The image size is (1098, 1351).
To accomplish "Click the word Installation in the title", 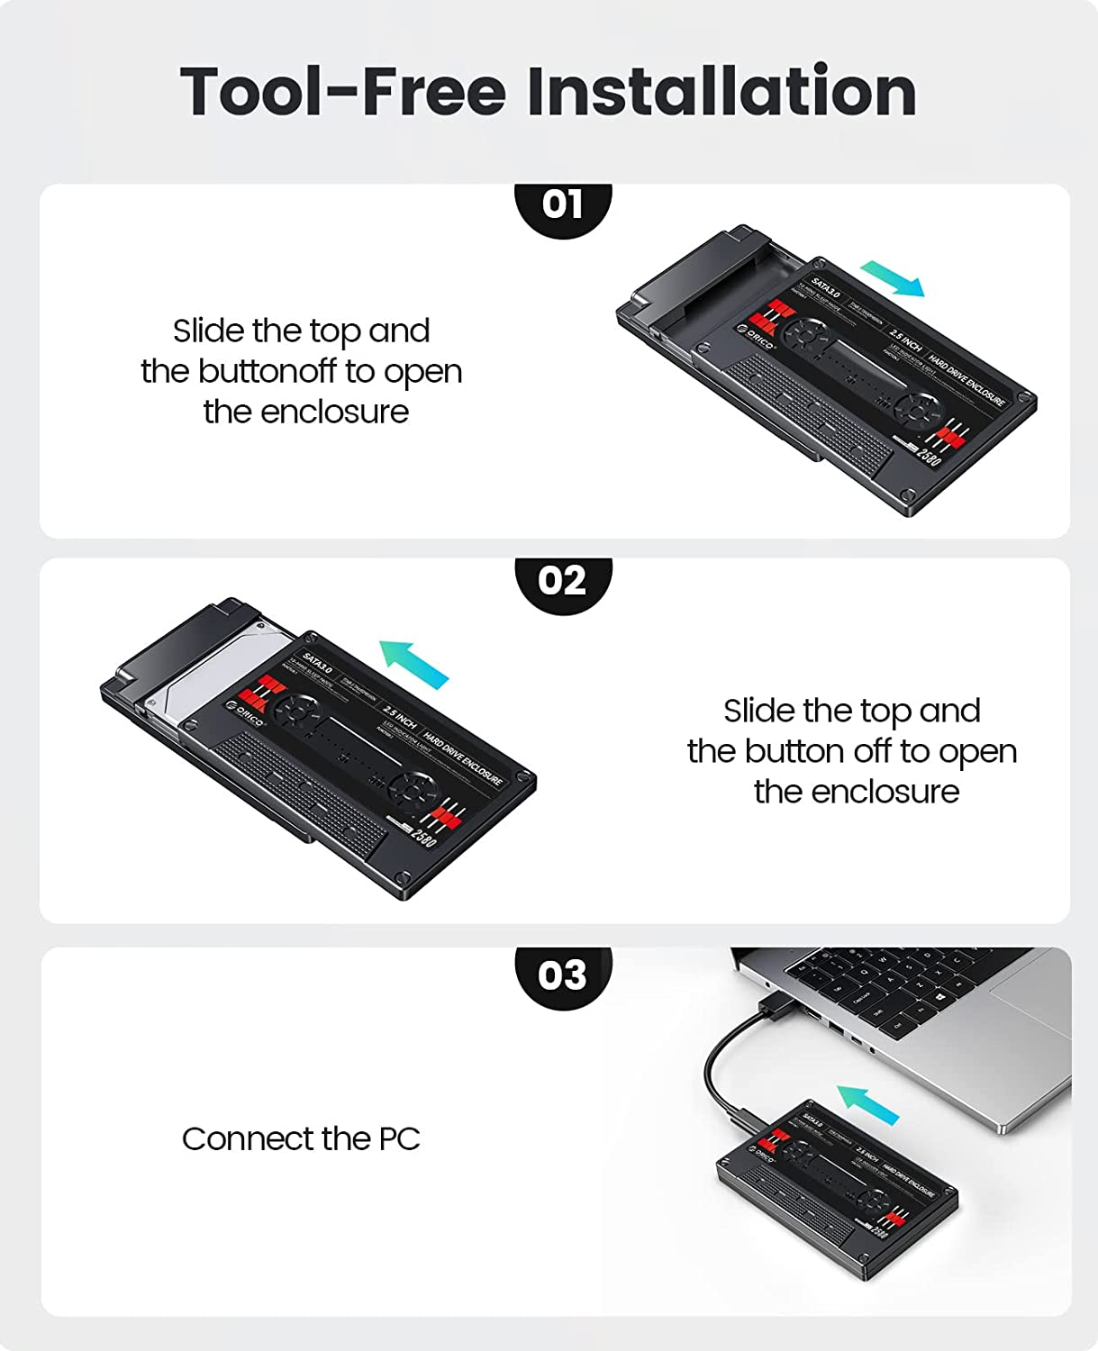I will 721,91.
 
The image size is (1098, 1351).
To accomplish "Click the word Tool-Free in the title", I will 343,91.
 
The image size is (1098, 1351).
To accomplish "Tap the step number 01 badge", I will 563,204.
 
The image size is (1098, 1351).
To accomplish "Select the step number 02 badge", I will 563,581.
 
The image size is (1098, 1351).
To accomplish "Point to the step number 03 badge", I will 563,975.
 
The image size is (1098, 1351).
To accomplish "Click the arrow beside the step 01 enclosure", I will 893,278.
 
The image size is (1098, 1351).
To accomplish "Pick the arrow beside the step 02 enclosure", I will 414,664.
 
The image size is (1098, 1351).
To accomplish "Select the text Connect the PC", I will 301,1139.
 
